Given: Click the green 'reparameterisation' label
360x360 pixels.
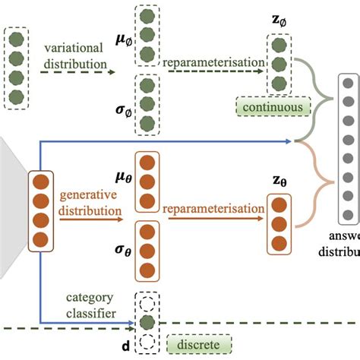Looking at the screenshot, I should click(214, 59).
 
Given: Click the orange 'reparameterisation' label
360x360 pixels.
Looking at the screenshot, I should click(212, 208).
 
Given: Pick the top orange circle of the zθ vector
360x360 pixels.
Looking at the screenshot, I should click(279, 206).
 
